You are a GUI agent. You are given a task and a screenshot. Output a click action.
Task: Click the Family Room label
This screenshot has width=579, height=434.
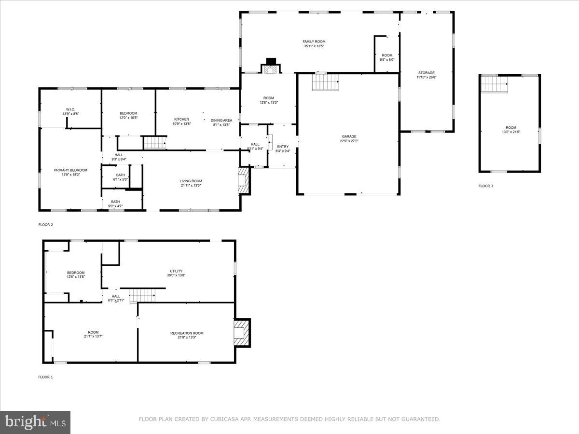click(x=313, y=44)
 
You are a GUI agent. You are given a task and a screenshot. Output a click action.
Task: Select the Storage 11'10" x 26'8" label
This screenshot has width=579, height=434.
click(x=426, y=75)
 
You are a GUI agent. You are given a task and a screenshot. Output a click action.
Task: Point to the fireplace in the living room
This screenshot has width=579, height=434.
click(x=245, y=181)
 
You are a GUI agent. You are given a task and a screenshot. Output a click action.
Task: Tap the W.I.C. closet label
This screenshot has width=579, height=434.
click(x=70, y=111)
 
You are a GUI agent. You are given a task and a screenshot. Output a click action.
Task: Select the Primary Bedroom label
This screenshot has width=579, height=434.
click(x=70, y=172)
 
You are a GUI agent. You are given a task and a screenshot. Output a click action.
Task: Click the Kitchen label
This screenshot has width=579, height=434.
click(x=181, y=122)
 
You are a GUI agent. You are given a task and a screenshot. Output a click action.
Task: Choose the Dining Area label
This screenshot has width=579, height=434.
click(x=221, y=122)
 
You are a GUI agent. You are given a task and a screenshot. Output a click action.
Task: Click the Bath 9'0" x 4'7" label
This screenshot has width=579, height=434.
click(x=115, y=204)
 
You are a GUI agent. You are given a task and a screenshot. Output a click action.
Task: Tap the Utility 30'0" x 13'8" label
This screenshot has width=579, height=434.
click(x=176, y=273)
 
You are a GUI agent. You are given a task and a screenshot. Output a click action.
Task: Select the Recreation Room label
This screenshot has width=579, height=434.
click(x=187, y=335)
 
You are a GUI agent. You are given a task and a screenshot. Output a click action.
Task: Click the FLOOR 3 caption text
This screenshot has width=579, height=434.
click(x=485, y=186)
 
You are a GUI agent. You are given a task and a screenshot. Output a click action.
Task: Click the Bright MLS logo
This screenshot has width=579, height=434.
click(x=35, y=422)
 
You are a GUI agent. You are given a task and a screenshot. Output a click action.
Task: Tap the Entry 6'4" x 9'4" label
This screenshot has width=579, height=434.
click(x=283, y=149)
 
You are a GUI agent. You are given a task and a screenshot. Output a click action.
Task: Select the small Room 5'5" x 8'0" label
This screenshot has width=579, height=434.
click(x=387, y=57)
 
